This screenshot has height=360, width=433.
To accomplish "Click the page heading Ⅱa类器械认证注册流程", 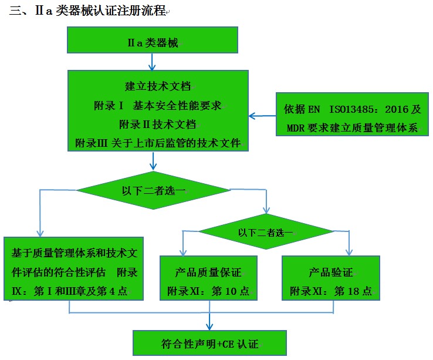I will tap(88, 12).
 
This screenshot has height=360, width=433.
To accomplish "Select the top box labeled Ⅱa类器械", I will tap(153, 41).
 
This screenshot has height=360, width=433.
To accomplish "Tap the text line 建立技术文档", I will tap(158, 86).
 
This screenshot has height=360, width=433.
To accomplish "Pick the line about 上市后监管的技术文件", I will tap(158, 143).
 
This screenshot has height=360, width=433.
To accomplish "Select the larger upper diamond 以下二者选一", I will tap(153, 190).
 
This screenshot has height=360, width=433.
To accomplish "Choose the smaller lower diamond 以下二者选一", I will tap(266, 232).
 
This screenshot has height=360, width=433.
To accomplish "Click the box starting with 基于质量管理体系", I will tap(74, 272).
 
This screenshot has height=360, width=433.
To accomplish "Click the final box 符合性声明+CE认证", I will tap(209, 343).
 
